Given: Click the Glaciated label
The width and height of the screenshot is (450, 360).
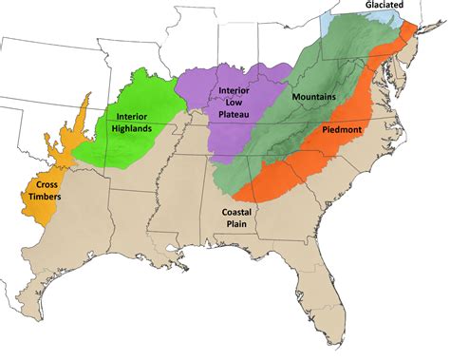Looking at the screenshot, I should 392,5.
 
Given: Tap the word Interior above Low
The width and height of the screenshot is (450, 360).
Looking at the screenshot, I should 234,90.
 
